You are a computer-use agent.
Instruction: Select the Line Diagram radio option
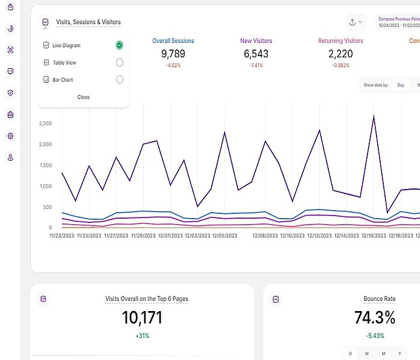pyautogui.click(x=119, y=45)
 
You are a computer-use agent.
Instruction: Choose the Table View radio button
pyautogui.click(x=119, y=62)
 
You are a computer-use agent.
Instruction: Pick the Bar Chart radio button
pyautogui.click(x=119, y=80)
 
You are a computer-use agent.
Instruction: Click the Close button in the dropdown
pyautogui.click(x=83, y=97)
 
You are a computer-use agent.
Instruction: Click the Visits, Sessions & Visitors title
pyautogui.click(x=88, y=22)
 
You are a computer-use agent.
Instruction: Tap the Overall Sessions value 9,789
pyautogui.click(x=173, y=54)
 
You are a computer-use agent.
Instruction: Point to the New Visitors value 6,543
pyautogui.click(x=256, y=54)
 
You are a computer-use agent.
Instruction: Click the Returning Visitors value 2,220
pyautogui.click(x=340, y=54)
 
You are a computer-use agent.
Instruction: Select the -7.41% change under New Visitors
pyautogui.click(x=256, y=65)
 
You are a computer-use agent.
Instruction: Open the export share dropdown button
pyautogui.click(x=356, y=22)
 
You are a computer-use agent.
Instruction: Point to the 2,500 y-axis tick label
pyautogui.click(x=45, y=124)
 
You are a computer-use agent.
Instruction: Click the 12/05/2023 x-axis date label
pyautogui.click(x=224, y=236)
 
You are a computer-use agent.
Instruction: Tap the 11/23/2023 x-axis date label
pyautogui.click(x=62, y=236)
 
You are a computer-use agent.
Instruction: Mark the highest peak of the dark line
pyautogui.click(x=374, y=116)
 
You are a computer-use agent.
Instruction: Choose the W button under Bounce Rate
pyautogui.click(x=366, y=353)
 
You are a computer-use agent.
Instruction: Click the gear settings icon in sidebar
pyautogui.click(x=10, y=136)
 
